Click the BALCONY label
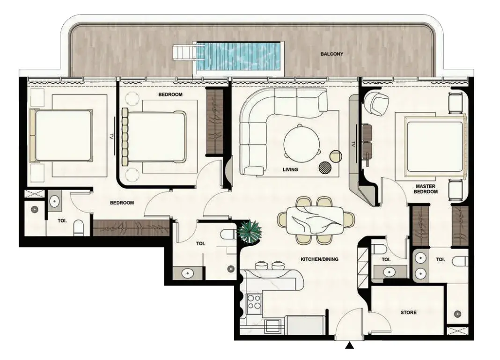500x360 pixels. click(x=331, y=54)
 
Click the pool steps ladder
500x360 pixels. click(x=184, y=52)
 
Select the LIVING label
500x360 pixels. click(x=290, y=169)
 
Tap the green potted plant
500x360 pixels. click(x=249, y=232)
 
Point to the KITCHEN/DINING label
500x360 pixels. click(x=319, y=259)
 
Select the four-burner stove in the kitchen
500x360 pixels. click(x=255, y=302)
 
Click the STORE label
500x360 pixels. click(x=409, y=313)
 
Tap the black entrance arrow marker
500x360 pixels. click(x=350, y=345)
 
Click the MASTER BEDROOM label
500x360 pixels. click(x=426, y=189)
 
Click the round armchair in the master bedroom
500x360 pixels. click(x=376, y=103)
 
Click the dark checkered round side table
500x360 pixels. click(x=325, y=168)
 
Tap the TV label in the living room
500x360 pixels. click(x=353, y=144)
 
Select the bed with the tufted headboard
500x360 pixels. click(x=154, y=137)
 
